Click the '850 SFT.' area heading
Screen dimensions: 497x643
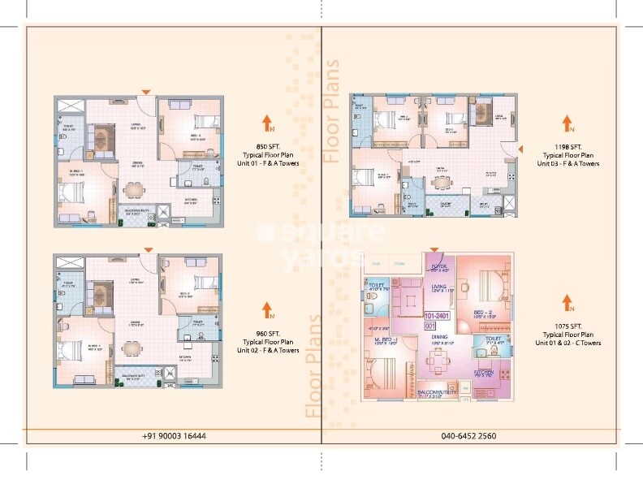point(266,146)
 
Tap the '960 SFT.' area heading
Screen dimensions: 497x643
point(266,334)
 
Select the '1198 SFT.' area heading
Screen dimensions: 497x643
point(567,147)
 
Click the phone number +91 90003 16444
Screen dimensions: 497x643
point(174,436)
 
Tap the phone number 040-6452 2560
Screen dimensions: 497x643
point(469,436)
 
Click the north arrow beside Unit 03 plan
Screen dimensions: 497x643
point(567,124)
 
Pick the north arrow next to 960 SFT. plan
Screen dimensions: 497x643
point(266,309)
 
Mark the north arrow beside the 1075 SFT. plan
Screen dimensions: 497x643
point(567,304)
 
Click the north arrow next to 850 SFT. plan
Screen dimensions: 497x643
point(266,123)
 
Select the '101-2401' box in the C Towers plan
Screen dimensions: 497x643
point(437,317)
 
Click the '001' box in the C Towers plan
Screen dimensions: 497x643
point(431,326)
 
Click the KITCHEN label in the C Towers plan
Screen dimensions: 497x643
point(485,373)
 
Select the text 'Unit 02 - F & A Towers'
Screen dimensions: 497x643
point(266,350)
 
